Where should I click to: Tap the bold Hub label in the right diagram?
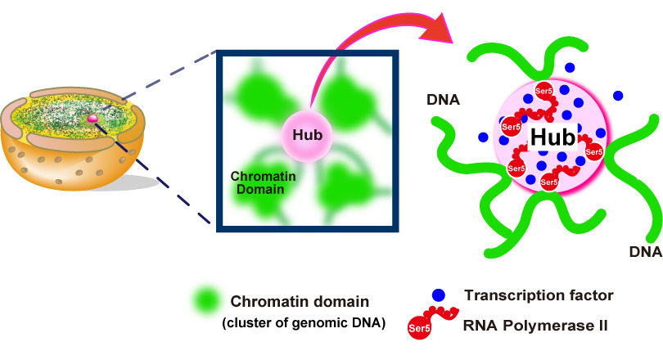[551, 137]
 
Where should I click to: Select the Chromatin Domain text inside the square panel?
[259, 182]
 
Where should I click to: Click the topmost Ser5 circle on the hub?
[543, 90]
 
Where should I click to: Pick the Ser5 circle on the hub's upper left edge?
[509, 128]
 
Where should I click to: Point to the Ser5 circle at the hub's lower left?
[516, 169]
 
